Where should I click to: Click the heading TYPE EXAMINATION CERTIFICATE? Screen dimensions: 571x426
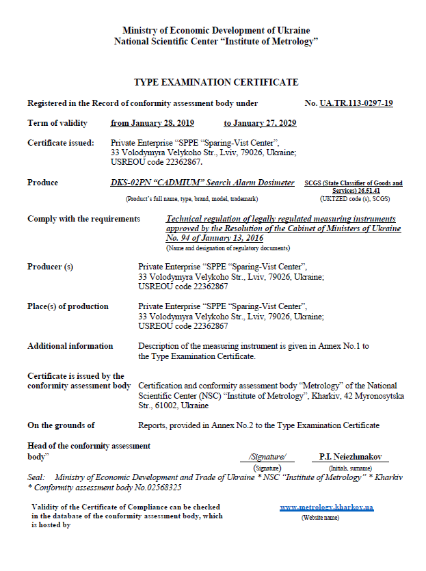[215, 82]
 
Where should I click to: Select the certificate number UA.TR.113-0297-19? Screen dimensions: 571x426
[356, 103]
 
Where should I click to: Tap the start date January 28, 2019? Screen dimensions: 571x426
[152, 123]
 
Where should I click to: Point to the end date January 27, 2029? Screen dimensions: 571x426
[259, 123]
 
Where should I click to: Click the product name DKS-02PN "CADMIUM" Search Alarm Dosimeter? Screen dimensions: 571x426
[202, 183]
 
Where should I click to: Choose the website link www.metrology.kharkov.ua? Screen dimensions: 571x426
[326, 507]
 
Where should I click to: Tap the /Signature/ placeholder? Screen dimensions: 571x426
[267, 456]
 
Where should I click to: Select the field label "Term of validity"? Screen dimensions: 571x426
[57, 123]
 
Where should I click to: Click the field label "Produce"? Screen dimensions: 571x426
[42, 183]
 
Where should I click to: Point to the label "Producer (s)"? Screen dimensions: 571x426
[50, 267]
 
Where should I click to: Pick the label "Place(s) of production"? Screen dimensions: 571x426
[68, 306]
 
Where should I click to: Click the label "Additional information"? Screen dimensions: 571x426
[70, 346]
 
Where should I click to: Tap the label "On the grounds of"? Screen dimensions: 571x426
[61, 425]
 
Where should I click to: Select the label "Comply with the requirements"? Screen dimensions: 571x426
[83, 219]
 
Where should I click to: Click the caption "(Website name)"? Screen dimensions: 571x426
[320, 518]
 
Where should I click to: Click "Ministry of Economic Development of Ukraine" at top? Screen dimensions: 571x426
[215, 31]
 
